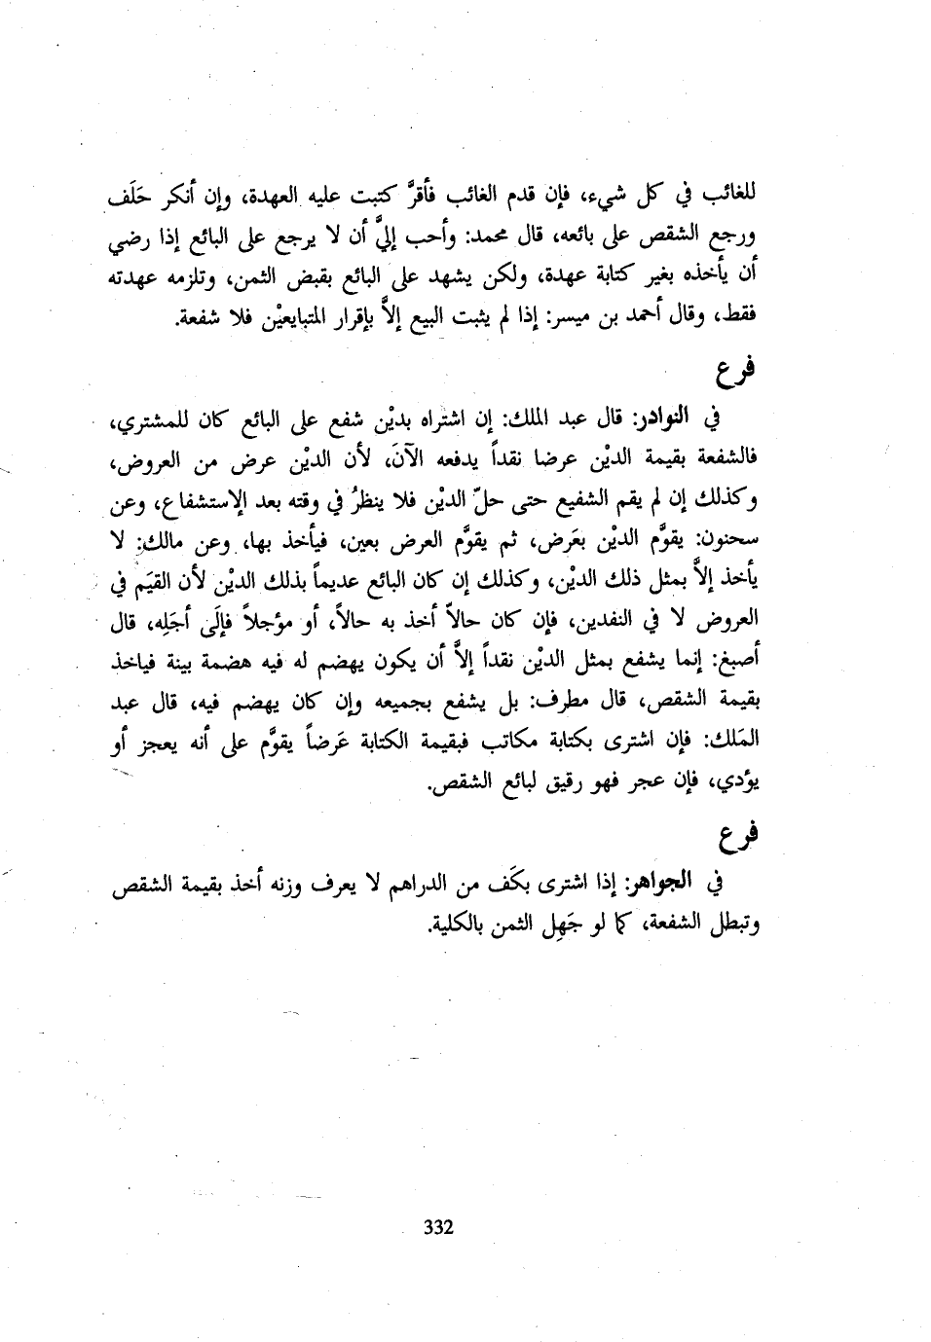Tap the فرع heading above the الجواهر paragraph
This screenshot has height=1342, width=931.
pyautogui.click(x=741, y=834)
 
